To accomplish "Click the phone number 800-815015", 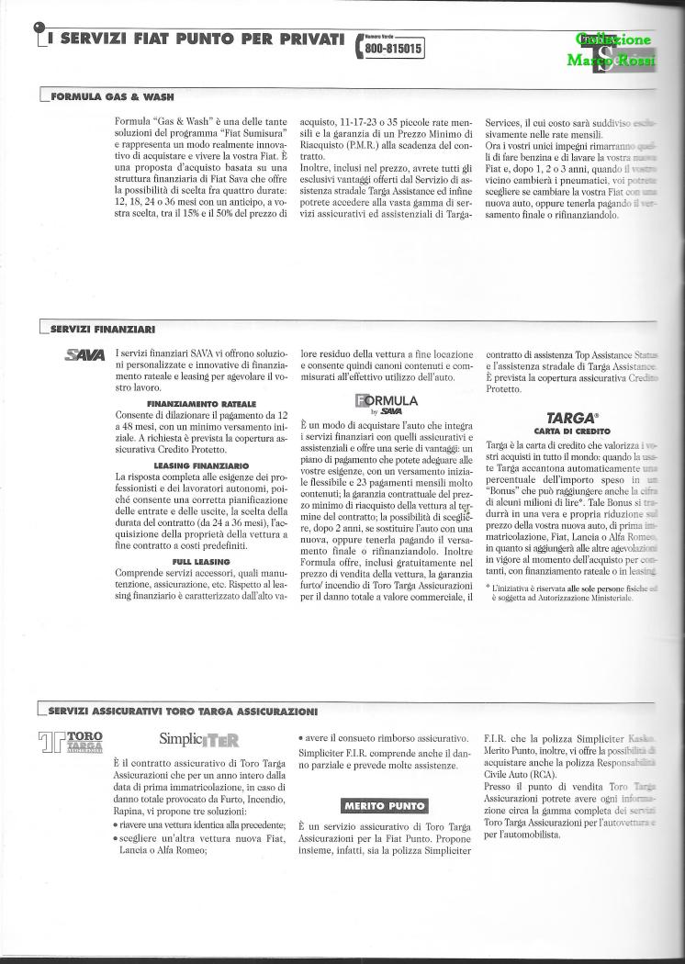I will tap(394, 50).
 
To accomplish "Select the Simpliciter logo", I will tap(199, 738).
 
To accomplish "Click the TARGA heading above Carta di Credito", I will tap(560, 417).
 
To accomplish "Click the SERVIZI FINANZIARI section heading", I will tap(102, 328).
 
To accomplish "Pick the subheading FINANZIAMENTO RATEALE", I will tap(200, 403).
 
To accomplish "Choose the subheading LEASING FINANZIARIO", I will tap(200, 465).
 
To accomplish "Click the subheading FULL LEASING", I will tap(200, 561).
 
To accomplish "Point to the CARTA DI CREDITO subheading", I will tap(560, 430).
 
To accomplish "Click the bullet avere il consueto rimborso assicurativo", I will tap(384, 738).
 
